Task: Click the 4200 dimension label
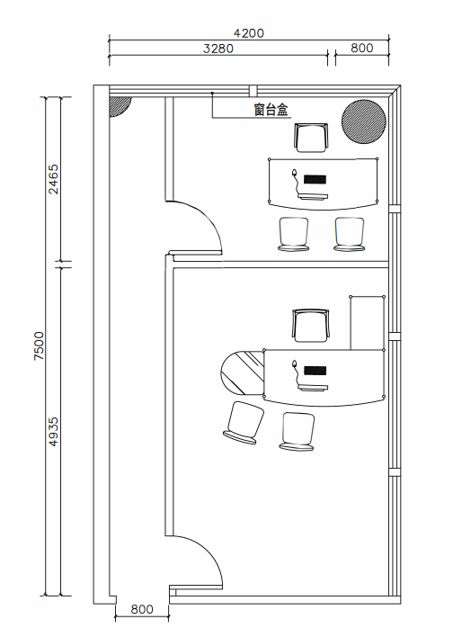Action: [x=248, y=33]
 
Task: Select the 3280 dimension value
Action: [x=218, y=49]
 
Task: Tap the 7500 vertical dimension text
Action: [x=39, y=345]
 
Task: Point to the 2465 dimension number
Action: [x=54, y=179]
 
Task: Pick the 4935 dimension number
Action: [x=54, y=432]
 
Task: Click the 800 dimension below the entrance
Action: [x=142, y=609]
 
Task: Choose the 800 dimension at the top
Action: [x=361, y=48]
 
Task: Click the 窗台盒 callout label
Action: [x=271, y=110]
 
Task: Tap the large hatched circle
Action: [x=364, y=121]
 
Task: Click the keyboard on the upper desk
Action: [x=315, y=179]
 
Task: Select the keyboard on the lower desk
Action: [x=315, y=370]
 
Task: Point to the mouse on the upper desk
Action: [x=295, y=174]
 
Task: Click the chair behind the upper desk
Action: [x=311, y=138]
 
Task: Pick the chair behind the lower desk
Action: [x=311, y=326]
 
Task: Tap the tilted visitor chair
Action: [x=244, y=423]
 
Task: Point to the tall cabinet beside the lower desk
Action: [x=368, y=323]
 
